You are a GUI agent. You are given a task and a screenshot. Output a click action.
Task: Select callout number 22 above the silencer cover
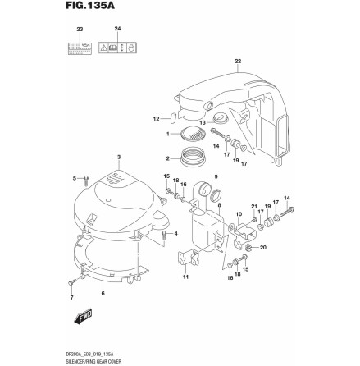[x=238, y=61]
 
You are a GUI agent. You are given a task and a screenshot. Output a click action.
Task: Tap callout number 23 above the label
[x=80, y=30]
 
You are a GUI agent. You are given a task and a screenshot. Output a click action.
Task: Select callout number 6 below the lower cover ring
[x=102, y=293]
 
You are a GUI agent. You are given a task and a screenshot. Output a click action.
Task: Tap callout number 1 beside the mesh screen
[x=168, y=133]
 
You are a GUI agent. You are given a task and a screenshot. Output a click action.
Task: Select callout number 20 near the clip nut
[x=265, y=247]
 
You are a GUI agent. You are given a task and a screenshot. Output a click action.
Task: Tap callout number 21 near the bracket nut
[x=255, y=206]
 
